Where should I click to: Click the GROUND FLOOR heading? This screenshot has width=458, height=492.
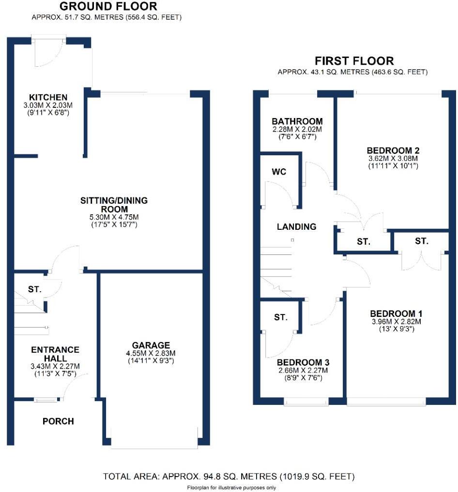(108, 7)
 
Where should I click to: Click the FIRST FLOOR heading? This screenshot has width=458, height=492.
(354, 61)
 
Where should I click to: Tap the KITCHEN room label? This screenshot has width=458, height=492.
(47, 97)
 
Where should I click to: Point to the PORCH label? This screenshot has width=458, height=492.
(58, 421)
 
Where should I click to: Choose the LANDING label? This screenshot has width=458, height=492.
(297, 226)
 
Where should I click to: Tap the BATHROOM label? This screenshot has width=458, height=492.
(297, 121)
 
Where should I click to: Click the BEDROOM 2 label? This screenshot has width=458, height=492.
(392, 150)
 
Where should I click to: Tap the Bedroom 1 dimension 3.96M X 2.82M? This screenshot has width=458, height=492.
(393, 322)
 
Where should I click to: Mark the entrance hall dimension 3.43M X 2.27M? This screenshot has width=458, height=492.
(55, 367)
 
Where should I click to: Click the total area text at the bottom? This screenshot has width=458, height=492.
(229, 477)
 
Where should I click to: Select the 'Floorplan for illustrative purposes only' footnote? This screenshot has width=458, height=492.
(231, 487)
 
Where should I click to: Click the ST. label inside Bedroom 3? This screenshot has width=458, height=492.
(281, 317)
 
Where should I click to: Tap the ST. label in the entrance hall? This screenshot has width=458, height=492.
(34, 289)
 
